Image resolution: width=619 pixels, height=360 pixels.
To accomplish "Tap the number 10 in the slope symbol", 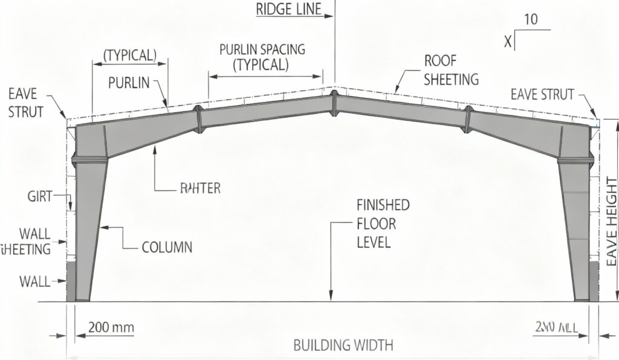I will (x=530, y=19).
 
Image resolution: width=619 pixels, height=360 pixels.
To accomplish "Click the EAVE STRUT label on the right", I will (x=542, y=94).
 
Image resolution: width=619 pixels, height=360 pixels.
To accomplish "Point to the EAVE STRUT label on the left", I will (x=26, y=103).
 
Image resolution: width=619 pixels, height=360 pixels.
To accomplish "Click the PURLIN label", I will (x=129, y=83).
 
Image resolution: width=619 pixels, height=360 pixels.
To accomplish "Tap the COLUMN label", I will (x=167, y=247).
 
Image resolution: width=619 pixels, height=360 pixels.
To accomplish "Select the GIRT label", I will (x=40, y=196).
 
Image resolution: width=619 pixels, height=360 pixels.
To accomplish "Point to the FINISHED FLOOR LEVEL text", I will (x=382, y=224).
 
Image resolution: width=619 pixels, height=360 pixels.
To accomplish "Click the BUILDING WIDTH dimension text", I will (x=343, y=346).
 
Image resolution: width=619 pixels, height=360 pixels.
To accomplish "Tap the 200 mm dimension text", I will (x=111, y=328).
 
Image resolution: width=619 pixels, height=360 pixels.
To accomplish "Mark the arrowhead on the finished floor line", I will (x=331, y=296).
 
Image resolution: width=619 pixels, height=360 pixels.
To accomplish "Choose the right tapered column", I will (x=575, y=230).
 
